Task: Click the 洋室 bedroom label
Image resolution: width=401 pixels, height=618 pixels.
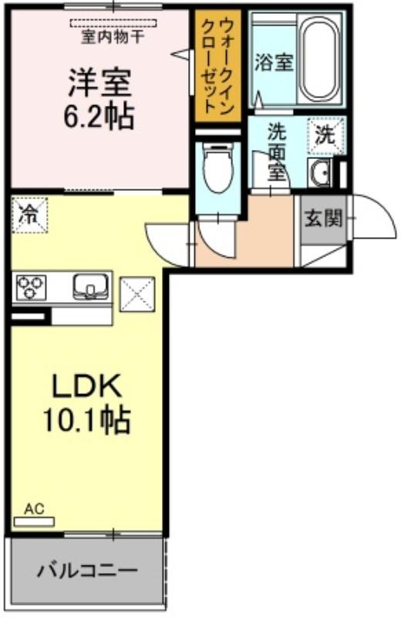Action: [x=100, y=83]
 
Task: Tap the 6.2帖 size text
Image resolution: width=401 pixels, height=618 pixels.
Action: [x=99, y=117]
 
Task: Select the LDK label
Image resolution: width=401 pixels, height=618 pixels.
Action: [x=86, y=386]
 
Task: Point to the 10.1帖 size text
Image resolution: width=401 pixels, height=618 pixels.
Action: [x=86, y=420]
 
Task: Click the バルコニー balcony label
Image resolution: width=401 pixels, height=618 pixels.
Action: [x=87, y=570]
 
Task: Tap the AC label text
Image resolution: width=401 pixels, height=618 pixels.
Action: [x=34, y=509]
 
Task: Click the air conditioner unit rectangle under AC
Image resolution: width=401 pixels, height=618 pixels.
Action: [x=34, y=522]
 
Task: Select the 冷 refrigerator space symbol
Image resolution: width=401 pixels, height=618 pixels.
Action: [x=29, y=216]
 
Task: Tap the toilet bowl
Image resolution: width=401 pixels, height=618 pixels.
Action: [x=218, y=167]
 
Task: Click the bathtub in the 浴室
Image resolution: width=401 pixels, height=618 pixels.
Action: [x=320, y=59]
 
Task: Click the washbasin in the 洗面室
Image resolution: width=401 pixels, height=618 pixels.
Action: [x=320, y=172]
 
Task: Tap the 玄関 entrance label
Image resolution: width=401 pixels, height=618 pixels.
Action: [x=324, y=218]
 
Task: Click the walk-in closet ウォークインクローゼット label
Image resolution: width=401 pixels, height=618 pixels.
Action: [x=217, y=67]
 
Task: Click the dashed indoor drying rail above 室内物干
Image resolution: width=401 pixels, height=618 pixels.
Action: [x=113, y=24]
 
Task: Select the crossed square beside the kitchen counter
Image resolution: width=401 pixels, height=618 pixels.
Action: [x=137, y=294]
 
